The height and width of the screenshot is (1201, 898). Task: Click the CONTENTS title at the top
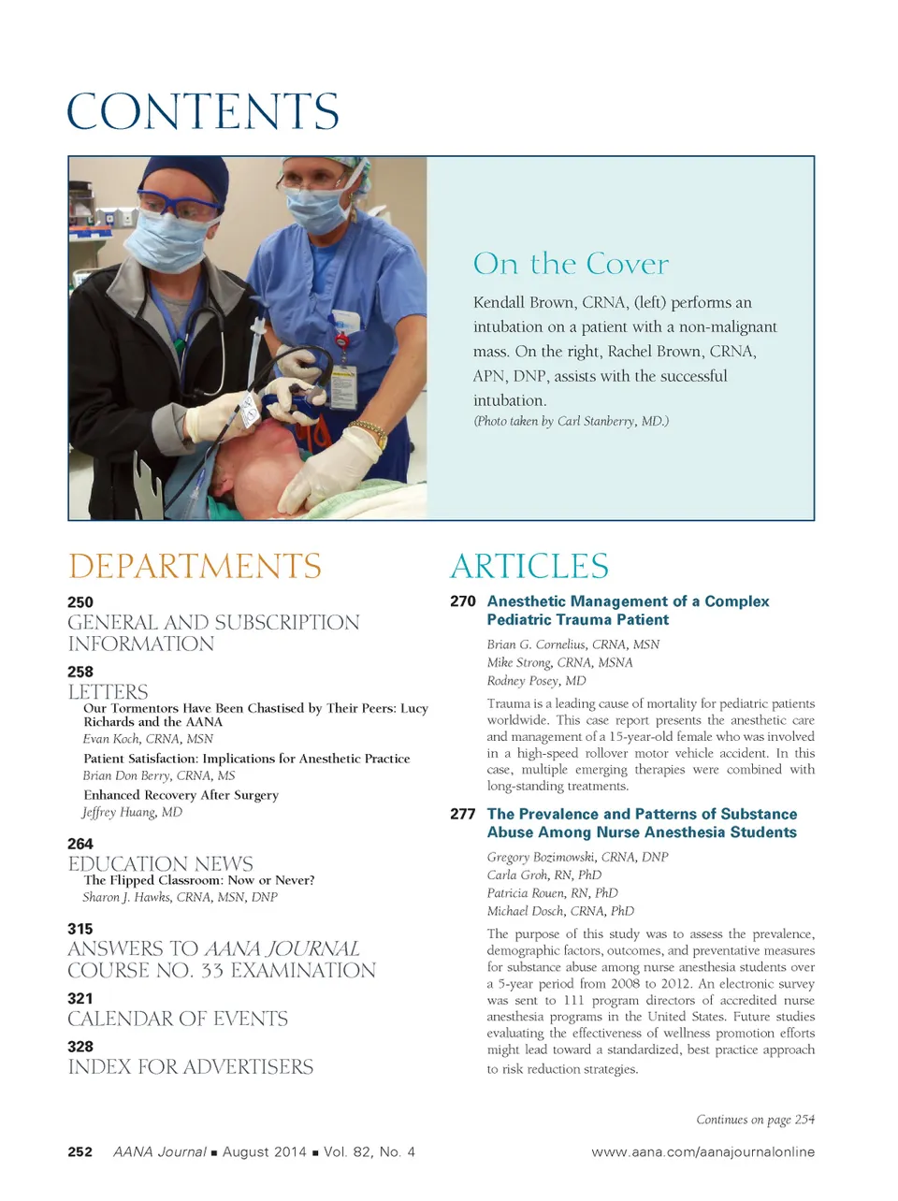point(203,112)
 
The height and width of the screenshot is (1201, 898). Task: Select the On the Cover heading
point(571,264)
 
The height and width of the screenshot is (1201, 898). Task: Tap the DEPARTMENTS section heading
point(195,567)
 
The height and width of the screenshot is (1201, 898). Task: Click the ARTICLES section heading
point(529,567)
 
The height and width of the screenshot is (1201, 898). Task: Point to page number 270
point(463,601)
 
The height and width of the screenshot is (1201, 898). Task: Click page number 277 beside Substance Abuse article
point(463,815)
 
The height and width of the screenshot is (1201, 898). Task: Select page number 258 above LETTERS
point(80,672)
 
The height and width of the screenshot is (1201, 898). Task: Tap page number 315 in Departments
point(80,929)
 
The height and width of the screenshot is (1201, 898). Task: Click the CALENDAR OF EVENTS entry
point(178,1019)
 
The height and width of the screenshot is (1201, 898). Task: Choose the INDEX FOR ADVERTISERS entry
point(191,1067)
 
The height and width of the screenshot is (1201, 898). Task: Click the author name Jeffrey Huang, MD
point(133,812)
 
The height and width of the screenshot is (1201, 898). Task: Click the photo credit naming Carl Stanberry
point(571,421)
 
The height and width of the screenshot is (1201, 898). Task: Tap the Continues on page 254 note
point(755,1120)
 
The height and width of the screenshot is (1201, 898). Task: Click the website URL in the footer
point(702,1152)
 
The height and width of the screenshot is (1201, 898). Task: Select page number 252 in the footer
point(80,1152)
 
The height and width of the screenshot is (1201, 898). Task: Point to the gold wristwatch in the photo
point(369,431)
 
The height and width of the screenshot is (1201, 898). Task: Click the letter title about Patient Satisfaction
point(247,759)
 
